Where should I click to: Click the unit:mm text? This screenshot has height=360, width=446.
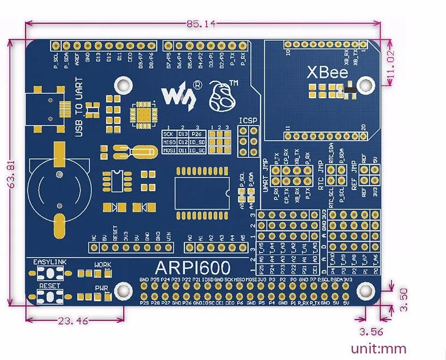pos(378,348)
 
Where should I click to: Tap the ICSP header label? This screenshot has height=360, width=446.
pos(248,121)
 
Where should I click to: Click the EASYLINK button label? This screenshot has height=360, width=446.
pos(50,262)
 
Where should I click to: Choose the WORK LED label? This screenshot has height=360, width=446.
pos(103,265)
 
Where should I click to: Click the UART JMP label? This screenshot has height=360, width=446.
pos(266,175)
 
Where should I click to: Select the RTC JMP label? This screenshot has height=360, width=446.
pos(322,175)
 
